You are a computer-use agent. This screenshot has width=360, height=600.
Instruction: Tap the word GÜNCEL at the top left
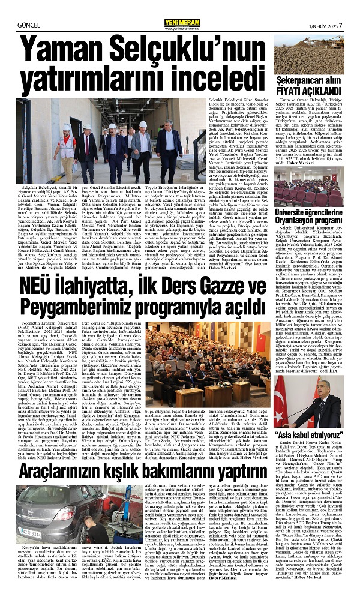[14, 9]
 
